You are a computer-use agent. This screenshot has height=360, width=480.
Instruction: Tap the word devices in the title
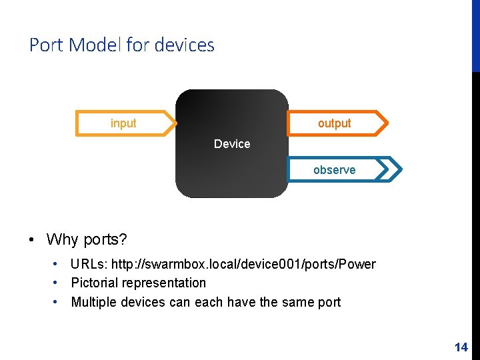(184, 45)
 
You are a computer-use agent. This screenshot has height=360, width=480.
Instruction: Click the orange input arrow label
(123, 123)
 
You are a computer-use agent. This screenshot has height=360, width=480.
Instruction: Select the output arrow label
(334, 123)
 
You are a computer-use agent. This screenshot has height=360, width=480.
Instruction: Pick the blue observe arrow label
(334, 170)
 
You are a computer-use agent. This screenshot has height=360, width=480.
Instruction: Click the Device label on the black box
(232, 144)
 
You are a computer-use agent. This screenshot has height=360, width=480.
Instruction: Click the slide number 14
(461, 347)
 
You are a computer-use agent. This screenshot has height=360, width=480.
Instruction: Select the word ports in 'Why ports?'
(106, 239)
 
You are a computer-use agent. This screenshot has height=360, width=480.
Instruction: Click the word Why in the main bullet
(62, 239)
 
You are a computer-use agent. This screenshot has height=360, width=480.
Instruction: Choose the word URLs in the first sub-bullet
(89, 264)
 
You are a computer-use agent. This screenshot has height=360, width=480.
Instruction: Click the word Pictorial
(94, 283)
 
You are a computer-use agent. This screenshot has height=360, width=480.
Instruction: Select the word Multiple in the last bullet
(94, 302)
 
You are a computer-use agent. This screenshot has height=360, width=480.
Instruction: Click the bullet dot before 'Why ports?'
(32, 239)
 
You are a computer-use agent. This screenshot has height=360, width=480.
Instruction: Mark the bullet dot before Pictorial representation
(58, 283)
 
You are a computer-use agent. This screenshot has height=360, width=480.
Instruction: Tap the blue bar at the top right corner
(475, 33)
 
